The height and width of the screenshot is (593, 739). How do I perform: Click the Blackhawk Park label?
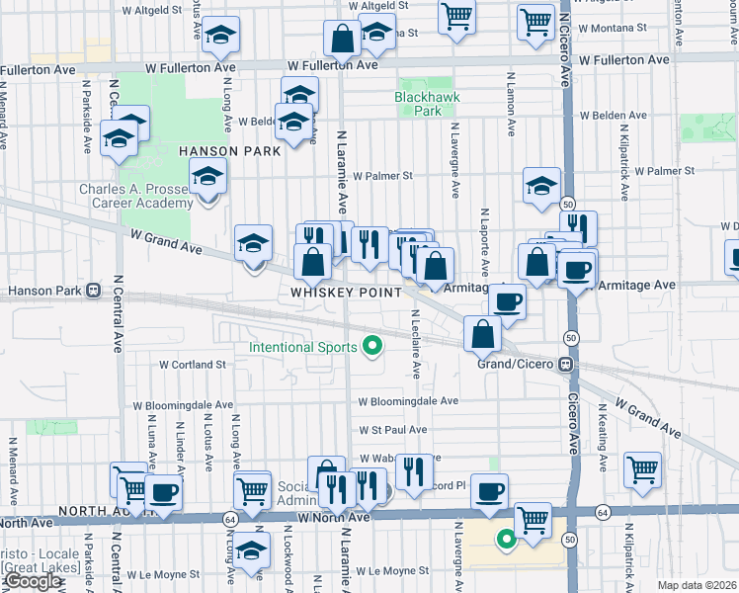click(418, 105)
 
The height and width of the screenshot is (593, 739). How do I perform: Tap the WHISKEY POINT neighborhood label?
click(346, 293)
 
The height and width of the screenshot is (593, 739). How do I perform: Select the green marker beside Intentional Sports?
click(372, 345)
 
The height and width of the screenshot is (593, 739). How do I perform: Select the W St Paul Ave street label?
click(392, 430)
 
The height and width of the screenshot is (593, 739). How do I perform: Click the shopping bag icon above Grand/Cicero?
click(482, 334)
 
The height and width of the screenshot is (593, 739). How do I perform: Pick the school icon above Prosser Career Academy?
click(207, 178)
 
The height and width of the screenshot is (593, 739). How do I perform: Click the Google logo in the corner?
click(34, 581)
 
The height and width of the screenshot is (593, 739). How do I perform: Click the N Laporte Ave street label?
click(485, 242)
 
